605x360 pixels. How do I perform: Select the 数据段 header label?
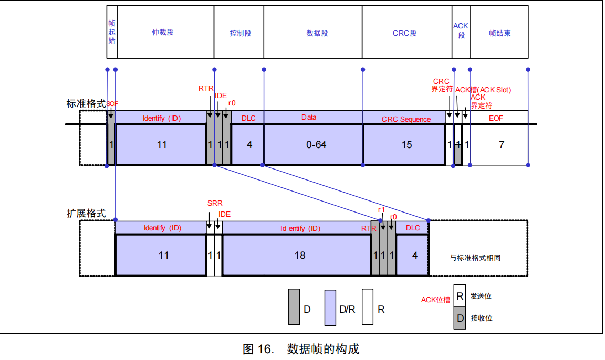[317, 33]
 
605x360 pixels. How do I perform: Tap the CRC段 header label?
[404, 33]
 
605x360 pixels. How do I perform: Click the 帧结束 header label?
[499, 33]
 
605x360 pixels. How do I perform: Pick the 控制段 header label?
[240, 33]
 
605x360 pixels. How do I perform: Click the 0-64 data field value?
[316, 144]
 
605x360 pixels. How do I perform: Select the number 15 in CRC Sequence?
[406, 144]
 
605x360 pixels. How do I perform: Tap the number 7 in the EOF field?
[501, 144]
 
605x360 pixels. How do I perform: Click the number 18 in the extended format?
[299, 256]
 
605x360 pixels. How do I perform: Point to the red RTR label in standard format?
[205, 88]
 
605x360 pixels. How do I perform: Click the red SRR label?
[215, 203]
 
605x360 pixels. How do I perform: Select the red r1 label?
[382, 210]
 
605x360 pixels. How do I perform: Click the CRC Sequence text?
[406, 119]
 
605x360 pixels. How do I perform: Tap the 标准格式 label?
[86, 103]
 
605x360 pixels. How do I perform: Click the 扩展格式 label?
[86, 214]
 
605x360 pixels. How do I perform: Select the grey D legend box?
[294, 306]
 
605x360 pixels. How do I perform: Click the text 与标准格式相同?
[479, 258]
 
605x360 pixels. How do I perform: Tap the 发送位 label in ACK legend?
[481, 296]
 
